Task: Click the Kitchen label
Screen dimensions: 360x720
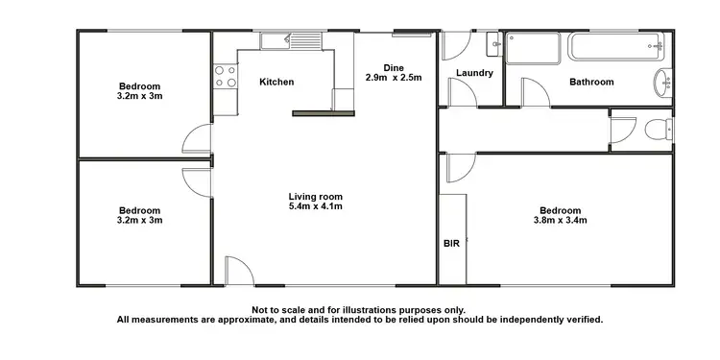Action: (276, 83)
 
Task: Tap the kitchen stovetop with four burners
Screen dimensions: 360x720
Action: (225, 77)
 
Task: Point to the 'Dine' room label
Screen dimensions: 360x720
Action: (393, 67)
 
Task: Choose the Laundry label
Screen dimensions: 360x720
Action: (474, 73)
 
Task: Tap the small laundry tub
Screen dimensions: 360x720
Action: (493, 43)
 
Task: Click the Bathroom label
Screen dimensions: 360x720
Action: (591, 83)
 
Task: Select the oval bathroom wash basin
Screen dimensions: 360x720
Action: (663, 83)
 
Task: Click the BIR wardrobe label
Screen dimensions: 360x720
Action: (451, 244)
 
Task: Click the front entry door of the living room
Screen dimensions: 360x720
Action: (238, 271)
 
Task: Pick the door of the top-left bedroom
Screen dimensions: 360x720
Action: (199, 140)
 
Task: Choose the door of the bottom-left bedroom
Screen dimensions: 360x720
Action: (197, 180)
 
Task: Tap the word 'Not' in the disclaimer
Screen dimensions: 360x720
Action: (260, 309)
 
